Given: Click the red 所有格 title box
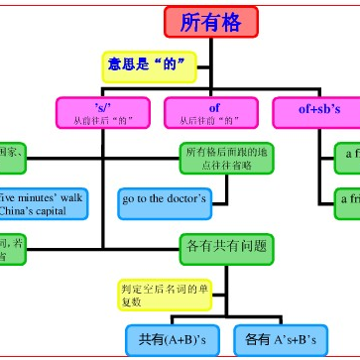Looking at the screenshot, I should click(209, 23).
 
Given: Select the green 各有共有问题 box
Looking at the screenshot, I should click(226, 246).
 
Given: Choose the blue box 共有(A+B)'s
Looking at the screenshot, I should click(171, 339).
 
